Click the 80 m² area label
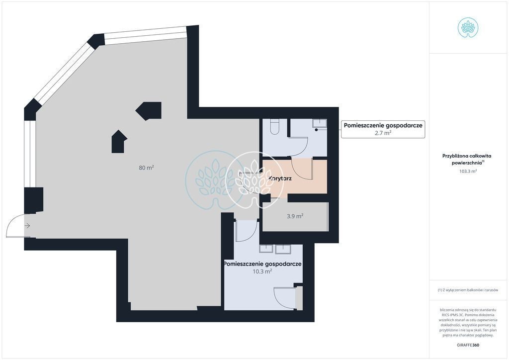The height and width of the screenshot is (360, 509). pos(146,168)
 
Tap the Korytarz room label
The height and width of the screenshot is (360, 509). pos(280,178)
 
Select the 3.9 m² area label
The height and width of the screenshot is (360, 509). pos(295,216)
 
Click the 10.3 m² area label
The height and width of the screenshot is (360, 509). pos(262,271)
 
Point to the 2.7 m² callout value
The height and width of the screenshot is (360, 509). pos(383,132)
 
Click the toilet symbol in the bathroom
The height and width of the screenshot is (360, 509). pos(274,127)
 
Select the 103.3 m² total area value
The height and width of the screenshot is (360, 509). pos(468,171)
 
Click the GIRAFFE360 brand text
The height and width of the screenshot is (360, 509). pos(468,345)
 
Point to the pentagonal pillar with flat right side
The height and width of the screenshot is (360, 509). pos(149,111)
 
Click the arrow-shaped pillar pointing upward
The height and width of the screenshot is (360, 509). pos(119,142)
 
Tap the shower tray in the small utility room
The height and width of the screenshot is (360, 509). pos(320,124)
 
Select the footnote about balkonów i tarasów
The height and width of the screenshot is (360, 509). pos(468,290)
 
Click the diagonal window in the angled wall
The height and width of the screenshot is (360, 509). pos(63,73)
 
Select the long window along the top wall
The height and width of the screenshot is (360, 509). pos(146,36)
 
